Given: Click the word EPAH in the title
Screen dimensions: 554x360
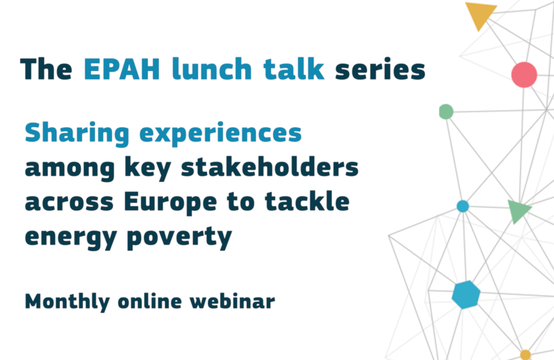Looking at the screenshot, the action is (122, 69).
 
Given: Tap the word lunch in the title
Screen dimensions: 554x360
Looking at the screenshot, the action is (212, 68).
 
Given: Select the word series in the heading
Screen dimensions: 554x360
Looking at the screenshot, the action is (380, 69).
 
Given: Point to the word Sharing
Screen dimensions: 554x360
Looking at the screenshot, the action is (77, 134).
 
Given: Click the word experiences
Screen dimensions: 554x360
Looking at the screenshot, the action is (220, 134).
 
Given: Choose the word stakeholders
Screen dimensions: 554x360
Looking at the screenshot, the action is (270, 167).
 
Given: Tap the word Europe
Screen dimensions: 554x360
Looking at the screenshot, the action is (171, 203).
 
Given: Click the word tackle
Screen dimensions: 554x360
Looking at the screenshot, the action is (308, 202).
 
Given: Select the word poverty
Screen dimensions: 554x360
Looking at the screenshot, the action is (179, 237).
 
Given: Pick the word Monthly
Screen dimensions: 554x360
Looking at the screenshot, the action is (67, 303).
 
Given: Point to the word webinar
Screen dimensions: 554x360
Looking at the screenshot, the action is (232, 301).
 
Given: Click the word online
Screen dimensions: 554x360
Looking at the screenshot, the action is (150, 301).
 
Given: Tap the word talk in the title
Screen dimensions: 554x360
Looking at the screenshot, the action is (294, 68).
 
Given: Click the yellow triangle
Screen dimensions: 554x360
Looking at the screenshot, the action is (480, 15).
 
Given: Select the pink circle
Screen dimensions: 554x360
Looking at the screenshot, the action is (524, 74).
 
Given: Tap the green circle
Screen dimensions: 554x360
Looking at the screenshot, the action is (446, 112).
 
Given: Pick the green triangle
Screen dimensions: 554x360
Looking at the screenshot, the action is (518, 211).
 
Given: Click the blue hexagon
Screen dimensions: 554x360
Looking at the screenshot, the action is (466, 295).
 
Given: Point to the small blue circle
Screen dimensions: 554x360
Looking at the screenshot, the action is (463, 206).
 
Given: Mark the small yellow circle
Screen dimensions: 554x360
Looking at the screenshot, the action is (525, 355).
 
